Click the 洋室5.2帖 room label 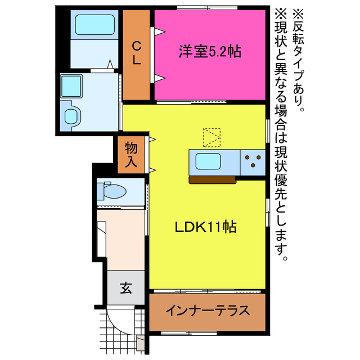pyautogui.click(x=209, y=52)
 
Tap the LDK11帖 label pyautogui.click(x=205, y=227)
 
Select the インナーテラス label pyautogui.click(x=206, y=312)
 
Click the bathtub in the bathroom pyautogui.click(x=92, y=25)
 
